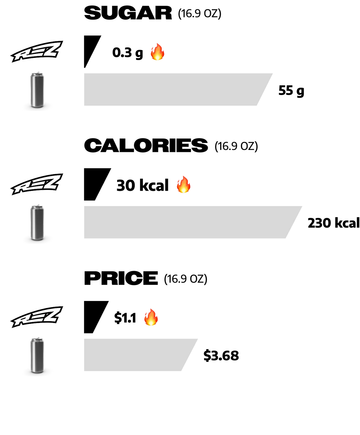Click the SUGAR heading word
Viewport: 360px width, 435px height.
pos(128,13)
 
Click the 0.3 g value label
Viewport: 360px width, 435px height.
pos(127,53)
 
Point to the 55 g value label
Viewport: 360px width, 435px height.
pos(291,91)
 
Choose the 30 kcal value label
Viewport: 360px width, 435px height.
pos(142,185)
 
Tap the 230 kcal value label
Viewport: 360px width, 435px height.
pos(334,223)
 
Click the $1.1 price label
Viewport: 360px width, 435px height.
pos(125,318)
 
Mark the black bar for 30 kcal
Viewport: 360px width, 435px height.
pos(95,184)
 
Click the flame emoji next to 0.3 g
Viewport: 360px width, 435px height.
pos(157,52)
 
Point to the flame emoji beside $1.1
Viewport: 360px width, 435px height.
pos(151,317)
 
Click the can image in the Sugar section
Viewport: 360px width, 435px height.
pos(37,90)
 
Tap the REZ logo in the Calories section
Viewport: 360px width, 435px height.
pos(37,184)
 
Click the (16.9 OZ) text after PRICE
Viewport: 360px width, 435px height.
pos(185,279)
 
